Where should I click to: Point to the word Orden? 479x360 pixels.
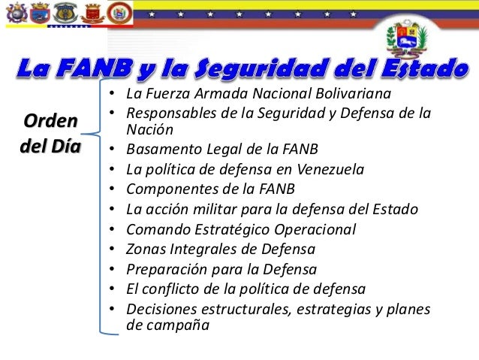[50, 121]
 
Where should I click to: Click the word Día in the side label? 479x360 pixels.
[65, 144]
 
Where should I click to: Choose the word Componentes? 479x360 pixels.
[166, 188]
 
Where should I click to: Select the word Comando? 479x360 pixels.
[155, 228]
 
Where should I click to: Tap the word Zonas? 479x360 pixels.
[144, 249]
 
